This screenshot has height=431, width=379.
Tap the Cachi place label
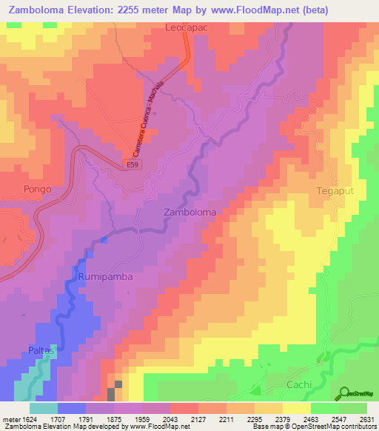(x=301, y=385)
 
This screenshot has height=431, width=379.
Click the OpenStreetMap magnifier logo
(x=344, y=392)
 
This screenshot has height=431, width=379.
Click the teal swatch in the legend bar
(x=44, y=408)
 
